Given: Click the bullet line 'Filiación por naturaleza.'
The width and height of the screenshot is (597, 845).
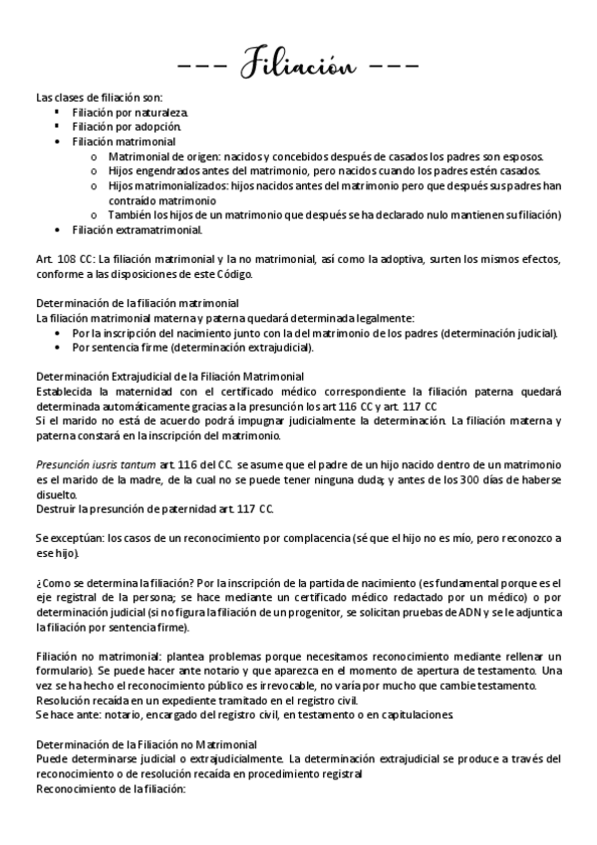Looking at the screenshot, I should pos(130,113).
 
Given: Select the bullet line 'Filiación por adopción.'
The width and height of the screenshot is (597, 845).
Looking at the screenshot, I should pos(127,128).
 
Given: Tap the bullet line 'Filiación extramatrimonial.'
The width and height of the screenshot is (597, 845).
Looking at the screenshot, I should pos(137,229).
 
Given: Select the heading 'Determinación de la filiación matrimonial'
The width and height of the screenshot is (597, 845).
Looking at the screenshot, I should pos(137,303).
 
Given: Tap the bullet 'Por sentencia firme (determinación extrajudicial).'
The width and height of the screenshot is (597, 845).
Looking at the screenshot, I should pos(193,347).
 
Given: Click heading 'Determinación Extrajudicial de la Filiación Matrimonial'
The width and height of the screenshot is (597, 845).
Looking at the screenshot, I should pos(169,377).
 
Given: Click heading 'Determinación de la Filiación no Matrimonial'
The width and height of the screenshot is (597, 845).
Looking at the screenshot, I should pos(147,743).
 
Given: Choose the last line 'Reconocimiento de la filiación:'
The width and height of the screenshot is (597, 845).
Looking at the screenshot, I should pos(111,788).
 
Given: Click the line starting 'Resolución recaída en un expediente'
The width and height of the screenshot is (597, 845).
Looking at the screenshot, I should pos(178,700).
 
